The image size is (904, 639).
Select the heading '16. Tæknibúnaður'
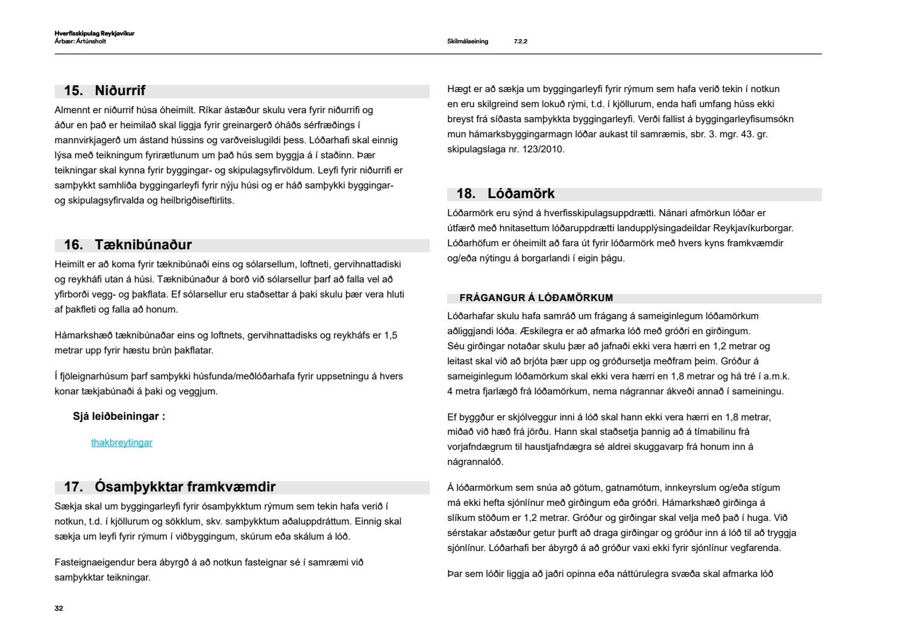pyautogui.click(x=128, y=245)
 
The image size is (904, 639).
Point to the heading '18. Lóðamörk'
pyautogui.click(x=505, y=194)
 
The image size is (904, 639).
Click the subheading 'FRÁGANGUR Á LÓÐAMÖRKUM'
pyautogui.click(x=536, y=298)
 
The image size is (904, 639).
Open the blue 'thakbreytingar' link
pyautogui.click(x=122, y=443)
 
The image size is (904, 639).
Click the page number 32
pyautogui.click(x=58, y=608)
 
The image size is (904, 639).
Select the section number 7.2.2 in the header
pyautogui.click(x=521, y=42)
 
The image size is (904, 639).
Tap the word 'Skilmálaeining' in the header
pyautogui.click(x=468, y=42)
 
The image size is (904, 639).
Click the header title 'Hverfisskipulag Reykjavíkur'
pyautogui.click(x=94, y=34)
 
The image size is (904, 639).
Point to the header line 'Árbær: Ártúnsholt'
pyautogui.click(x=80, y=42)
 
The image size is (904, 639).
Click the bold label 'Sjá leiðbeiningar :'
pyautogui.click(x=119, y=416)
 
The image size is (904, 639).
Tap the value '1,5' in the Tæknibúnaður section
pyautogui.click(x=391, y=335)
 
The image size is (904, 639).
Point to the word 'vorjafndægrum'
pyautogui.click(x=477, y=447)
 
